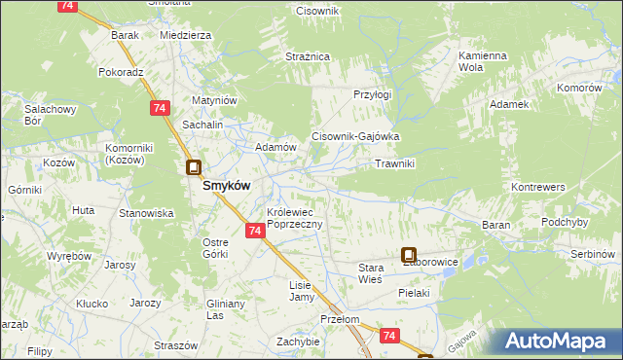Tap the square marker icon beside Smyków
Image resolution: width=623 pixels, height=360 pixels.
click(194, 167)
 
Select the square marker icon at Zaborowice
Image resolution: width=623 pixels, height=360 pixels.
click(409, 255)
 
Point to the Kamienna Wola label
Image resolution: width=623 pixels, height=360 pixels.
click(484, 62)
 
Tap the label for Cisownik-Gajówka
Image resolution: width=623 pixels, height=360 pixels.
click(355, 137)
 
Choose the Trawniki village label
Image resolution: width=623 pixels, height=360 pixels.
click(395, 163)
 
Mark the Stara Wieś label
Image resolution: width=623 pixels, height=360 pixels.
click(371, 272)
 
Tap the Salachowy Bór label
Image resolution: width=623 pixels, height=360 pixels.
click(45, 116)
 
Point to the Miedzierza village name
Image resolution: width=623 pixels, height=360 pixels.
click(185, 34)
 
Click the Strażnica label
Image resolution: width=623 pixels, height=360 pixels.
click(308, 57)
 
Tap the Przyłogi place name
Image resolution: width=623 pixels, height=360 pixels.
click(372, 94)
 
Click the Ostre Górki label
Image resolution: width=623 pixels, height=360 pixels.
click(215, 247)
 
